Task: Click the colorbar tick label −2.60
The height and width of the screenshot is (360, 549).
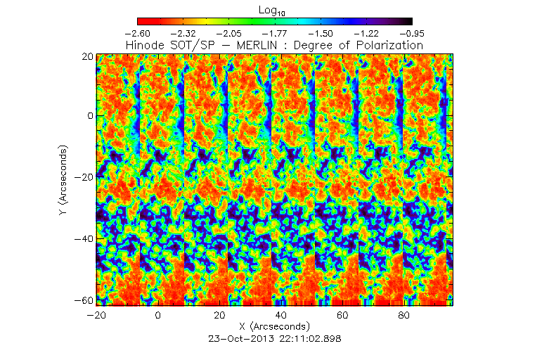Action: point(138,33)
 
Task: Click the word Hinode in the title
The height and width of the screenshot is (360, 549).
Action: point(145,45)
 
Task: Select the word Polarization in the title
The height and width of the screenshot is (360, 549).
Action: point(389,45)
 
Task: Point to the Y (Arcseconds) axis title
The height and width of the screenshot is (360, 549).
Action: point(64,179)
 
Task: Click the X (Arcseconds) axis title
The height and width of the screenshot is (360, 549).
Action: point(274,328)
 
